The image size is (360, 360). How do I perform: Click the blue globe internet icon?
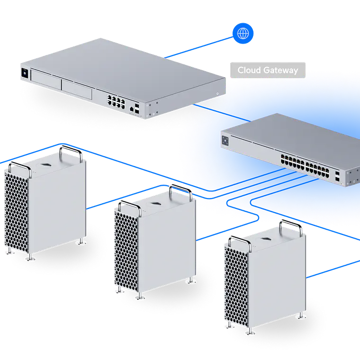coord(243,33)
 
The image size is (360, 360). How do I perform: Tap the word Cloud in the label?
coord(249,70)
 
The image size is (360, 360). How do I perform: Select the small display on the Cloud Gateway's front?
coord(25,73)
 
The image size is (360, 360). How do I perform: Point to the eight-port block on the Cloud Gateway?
coord(116,102)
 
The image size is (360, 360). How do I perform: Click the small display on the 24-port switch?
coord(225,141)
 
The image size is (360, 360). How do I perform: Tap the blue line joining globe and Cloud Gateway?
coord(199,47)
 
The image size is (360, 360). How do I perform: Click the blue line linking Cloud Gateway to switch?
coord(222,113)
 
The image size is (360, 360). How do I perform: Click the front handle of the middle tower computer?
coord(130,206)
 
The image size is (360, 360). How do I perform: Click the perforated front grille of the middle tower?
coord(126,252)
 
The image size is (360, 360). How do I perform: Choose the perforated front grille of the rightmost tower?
coord(236,287)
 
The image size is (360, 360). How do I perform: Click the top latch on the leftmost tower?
coord(46,165)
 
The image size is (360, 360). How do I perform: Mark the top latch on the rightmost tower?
coord(266,239)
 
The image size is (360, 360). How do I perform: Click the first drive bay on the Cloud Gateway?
coord(46,80)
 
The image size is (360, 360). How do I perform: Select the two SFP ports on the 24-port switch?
coord(337,176)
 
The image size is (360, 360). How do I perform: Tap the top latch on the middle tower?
coord(156,204)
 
